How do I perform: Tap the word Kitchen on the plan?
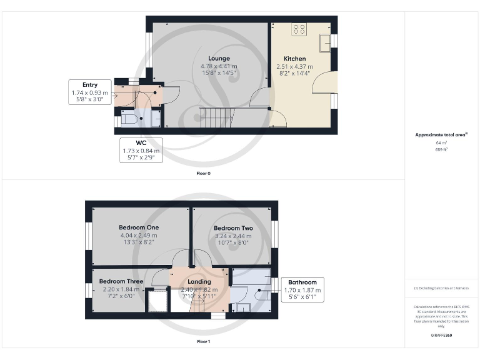coord(294,59)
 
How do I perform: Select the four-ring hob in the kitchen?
coord(299,30)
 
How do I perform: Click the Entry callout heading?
coord(90,85)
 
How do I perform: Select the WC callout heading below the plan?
coord(141,143)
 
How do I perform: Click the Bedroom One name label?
coord(139,227)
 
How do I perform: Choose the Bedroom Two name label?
coord(232,229)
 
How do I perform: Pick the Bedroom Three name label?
coord(121,282)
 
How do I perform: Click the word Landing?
coord(199,282)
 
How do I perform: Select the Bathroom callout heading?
coord(302,282)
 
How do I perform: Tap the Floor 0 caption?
coord(202,173)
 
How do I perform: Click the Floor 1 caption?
coord(202,342)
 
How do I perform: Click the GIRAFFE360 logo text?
coord(441,336)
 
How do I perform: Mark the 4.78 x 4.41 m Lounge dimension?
coord(219,66)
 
